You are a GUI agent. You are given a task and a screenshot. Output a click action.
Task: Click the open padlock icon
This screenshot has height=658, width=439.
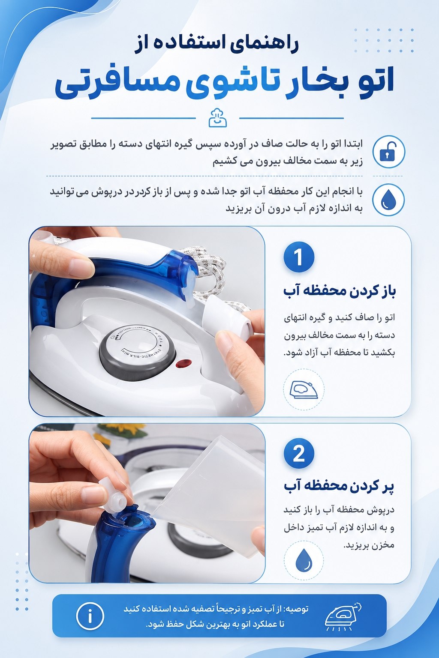388,152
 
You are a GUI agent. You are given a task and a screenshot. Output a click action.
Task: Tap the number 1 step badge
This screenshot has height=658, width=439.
299,257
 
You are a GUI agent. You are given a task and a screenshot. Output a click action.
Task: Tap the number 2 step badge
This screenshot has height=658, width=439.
299,454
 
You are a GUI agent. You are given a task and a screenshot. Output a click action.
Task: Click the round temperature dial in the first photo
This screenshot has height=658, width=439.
137,351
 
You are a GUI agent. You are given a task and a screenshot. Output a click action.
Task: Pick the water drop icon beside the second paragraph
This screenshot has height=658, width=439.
388,200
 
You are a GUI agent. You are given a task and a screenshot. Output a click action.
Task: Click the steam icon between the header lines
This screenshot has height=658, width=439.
218,118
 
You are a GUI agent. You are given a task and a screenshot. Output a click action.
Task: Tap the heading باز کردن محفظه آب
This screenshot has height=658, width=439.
340,292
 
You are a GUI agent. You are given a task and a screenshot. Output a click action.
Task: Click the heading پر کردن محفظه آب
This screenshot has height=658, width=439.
339,487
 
